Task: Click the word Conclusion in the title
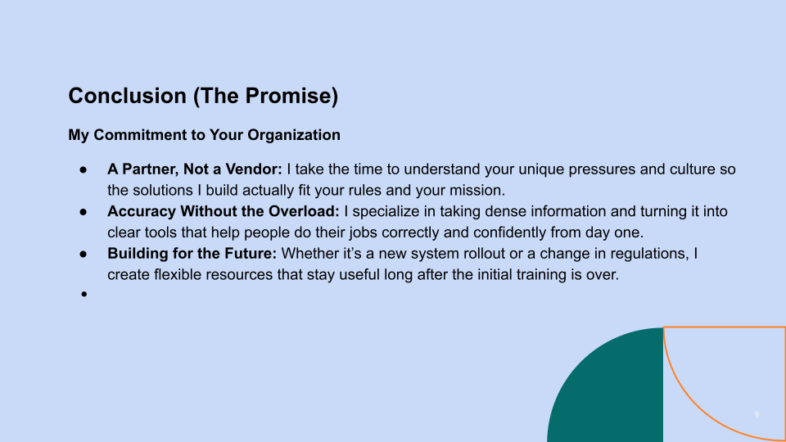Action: pyautogui.click(x=128, y=96)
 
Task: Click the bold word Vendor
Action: pyautogui.click(x=254, y=169)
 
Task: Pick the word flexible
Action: pyautogui.click(x=178, y=275)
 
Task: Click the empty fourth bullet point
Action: pyautogui.click(x=84, y=294)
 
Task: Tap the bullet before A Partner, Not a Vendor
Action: pyautogui.click(x=84, y=170)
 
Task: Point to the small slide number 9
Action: pyautogui.click(x=757, y=414)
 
